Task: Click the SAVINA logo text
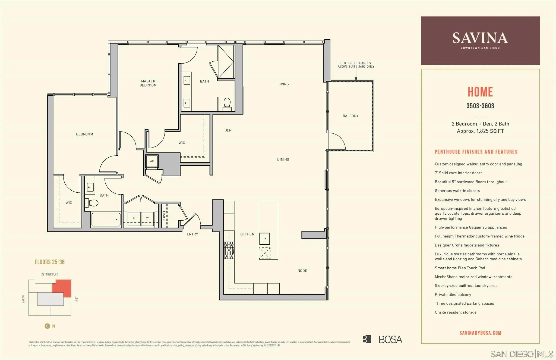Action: point(480,38)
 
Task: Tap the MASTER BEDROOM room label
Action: point(148,83)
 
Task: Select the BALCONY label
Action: point(350,116)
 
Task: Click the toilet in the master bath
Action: point(227,104)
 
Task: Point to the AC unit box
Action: point(152,161)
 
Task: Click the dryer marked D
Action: point(134,218)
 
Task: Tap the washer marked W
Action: point(147,218)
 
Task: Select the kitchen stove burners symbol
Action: point(229,250)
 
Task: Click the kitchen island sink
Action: point(264,239)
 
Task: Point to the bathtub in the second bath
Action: point(106,220)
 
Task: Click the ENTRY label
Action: point(192,234)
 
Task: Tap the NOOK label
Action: point(302,271)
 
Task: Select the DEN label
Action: point(228,130)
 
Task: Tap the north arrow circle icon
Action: point(47,326)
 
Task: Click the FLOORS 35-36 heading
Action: point(50,262)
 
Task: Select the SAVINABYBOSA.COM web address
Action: point(480,333)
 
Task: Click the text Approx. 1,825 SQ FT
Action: point(480,131)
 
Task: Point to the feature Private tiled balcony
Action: point(453,295)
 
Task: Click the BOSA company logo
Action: point(383,339)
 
